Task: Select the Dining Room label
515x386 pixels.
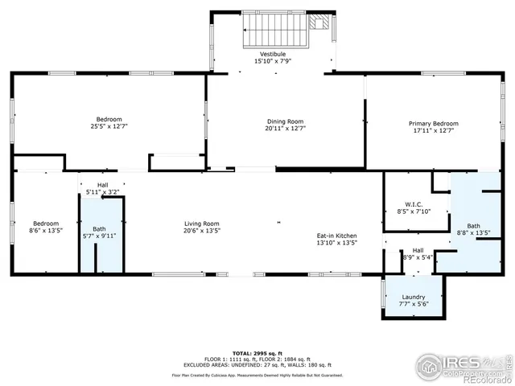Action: (274, 121)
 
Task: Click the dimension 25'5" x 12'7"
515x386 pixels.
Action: (109, 126)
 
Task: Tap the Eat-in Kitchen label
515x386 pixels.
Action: (336, 235)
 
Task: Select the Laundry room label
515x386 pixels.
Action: (413, 298)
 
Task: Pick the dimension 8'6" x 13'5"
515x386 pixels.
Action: (46, 230)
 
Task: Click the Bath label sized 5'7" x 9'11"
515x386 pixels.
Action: (98, 228)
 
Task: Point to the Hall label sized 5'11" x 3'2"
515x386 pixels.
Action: (103, 184)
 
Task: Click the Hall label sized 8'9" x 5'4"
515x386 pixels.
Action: (418, 250)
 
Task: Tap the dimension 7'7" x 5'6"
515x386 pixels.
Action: (413, 304)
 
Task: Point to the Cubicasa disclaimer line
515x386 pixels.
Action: (257, 375)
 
